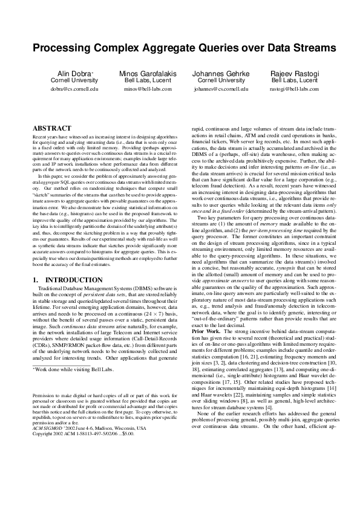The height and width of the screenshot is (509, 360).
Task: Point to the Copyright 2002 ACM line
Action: [79, 467]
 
